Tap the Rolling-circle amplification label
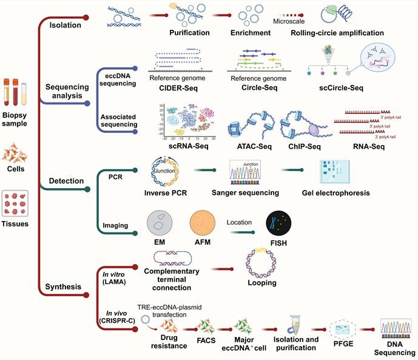pyautogui.click(x=337, y=32)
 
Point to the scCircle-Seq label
pyautogui.click(x=340, y=87)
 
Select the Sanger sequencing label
pyautogui.click(x=244, y=193)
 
